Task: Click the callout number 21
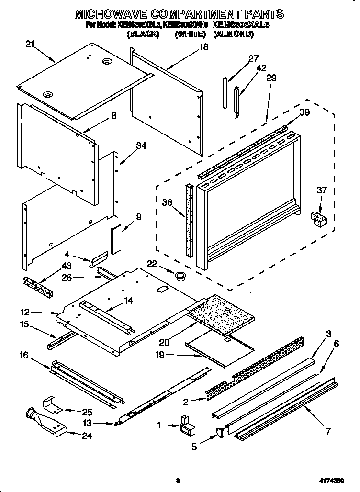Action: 30,45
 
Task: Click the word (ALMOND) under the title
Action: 234,34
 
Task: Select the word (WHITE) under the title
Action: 190,34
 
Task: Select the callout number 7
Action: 328,431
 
